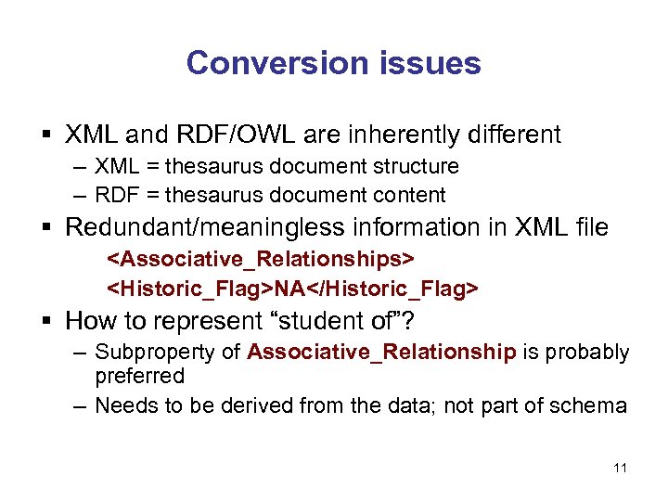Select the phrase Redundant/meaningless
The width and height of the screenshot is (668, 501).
coord(202,227)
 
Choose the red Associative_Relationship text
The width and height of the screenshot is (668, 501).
coord(382,353)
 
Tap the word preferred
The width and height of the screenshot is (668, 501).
coord(139,376)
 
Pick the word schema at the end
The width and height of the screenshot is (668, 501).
coord(593,405)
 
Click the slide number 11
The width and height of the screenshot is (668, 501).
coord(620,469)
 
